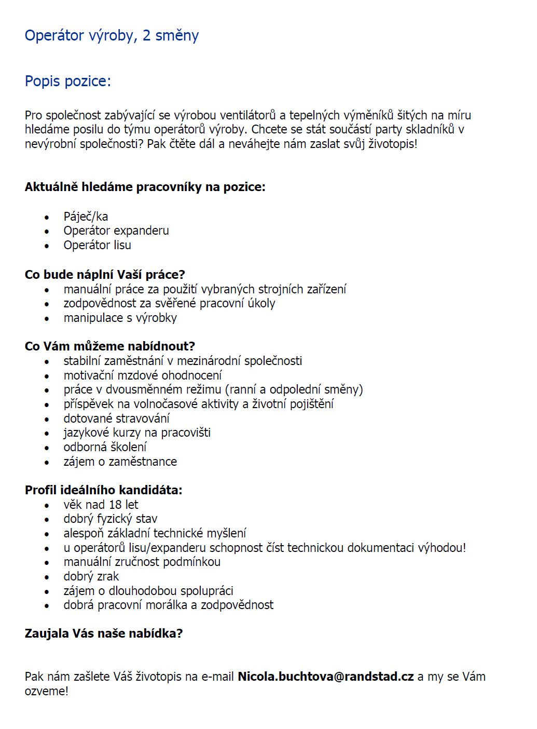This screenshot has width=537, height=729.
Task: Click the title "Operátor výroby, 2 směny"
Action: click(112, 36)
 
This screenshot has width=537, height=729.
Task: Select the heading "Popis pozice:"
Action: click(67, 82)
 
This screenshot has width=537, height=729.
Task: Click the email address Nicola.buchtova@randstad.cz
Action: click(325, 677)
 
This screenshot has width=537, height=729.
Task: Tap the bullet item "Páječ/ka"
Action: click(86, 217)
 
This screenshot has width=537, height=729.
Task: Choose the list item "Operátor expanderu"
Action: click(116, 231)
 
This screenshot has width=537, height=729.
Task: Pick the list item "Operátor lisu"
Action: click(97, 245)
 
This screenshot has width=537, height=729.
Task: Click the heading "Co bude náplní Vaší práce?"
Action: click(105, 275)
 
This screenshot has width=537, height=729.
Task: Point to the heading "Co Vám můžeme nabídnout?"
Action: click(109, 346)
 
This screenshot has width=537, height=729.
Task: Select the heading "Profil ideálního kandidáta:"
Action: click(103, 490)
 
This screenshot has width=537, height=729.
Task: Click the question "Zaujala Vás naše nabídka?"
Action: click(104, 633)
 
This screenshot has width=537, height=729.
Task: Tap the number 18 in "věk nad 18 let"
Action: click(115, 505)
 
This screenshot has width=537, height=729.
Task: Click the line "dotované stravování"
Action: click(116, 419)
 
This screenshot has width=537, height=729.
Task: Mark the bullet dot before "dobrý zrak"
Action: click(47, 577)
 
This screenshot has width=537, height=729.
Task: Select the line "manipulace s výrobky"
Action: click(120, 318)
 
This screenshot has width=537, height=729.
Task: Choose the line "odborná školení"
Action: click(105, 447)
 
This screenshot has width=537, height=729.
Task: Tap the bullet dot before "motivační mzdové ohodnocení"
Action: click(47, 376)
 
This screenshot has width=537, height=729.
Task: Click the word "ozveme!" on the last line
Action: click(46, 691)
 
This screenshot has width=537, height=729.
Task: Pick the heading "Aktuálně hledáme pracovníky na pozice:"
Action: click(145, 187)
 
